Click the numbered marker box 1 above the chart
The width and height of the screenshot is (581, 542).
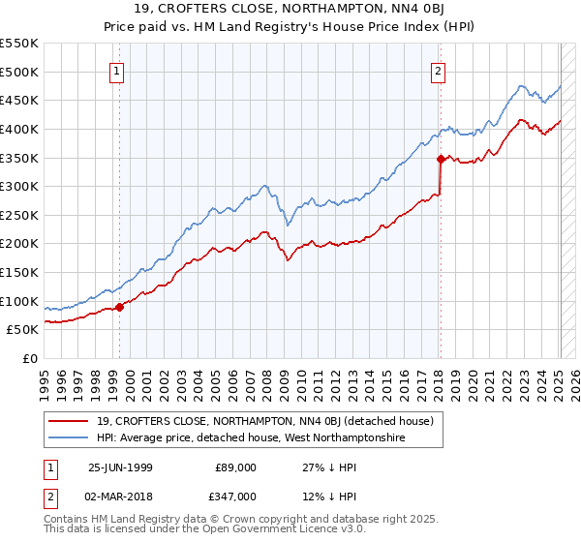click(117, 70)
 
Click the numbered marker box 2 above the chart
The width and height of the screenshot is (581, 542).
click(439, 70)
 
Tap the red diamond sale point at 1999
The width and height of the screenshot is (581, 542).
click(120, 307)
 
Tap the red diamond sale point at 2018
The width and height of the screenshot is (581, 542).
click(441, 159)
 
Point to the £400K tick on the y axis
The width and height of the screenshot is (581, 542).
click(20, 129)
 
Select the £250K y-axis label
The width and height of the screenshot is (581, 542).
click(20, 215)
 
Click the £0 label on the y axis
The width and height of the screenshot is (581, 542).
click(30, 358)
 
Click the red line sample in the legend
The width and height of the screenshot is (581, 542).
click(69, 420)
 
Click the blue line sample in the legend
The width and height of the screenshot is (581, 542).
click(69, 438)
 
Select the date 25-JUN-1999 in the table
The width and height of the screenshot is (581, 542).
click(119, 467)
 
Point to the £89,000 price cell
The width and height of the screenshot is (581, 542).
click(234, 467)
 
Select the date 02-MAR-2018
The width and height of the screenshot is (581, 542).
click(119, 496)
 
